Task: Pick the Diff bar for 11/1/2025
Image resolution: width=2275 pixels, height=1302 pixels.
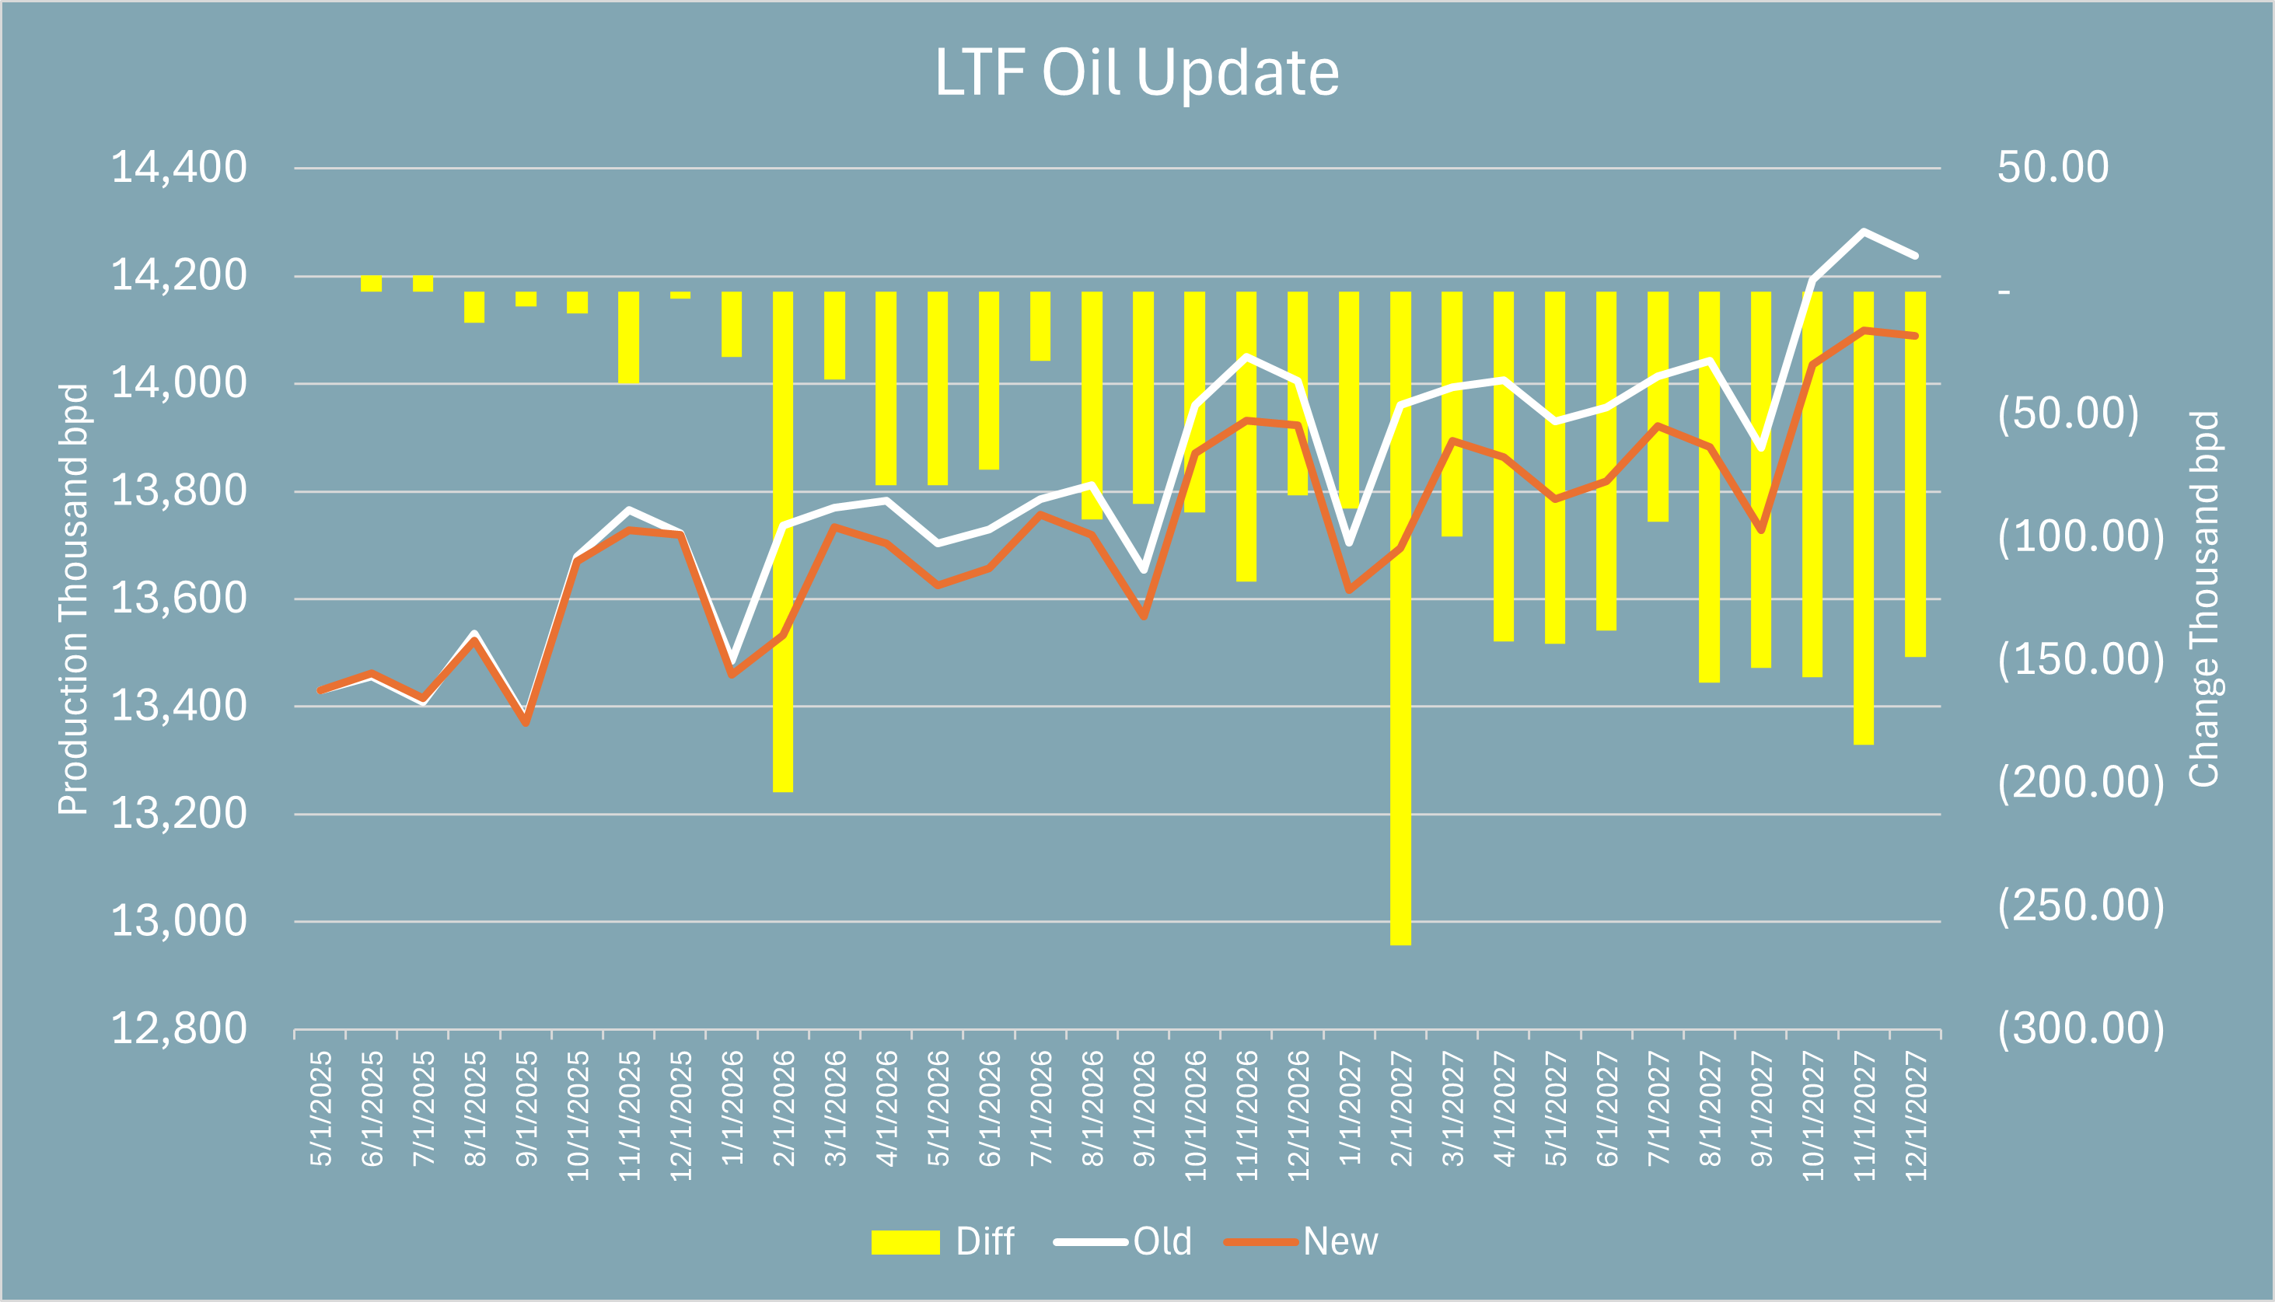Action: point(629,337)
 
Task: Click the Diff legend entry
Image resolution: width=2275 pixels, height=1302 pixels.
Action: point(943,1242)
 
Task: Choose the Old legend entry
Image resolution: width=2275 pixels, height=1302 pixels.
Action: point(1124,1242)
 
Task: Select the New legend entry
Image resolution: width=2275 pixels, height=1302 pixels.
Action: point(1302,1242)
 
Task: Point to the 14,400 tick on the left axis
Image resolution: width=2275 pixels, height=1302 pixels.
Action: point(178,167)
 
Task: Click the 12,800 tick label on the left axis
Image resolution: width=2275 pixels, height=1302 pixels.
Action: point(178,1028)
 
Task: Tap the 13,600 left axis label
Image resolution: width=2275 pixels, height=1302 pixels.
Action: point(178,599)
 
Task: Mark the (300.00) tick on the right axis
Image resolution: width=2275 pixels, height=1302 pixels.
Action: point(2080,1028)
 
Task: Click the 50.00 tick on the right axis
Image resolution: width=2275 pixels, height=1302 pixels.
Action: point(2053,167)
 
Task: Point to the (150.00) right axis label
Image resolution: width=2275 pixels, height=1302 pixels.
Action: point(2080,659)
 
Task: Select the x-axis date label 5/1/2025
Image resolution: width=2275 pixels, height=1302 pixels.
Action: point(321,1109)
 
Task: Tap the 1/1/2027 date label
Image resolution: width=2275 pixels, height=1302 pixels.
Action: point(1350,1109)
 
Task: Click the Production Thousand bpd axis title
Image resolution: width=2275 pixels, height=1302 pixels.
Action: point(73,599)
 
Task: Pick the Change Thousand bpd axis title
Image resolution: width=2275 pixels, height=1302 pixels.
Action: point(2203,599)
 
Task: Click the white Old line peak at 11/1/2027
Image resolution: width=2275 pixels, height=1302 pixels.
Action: point(1864,232)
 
